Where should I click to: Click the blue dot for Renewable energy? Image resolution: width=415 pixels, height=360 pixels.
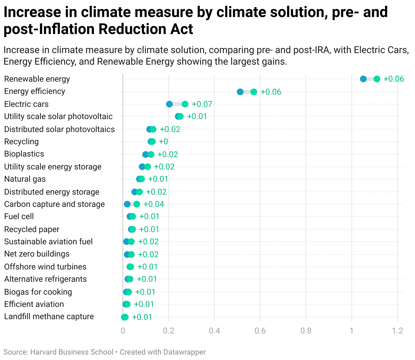tap(363, 79)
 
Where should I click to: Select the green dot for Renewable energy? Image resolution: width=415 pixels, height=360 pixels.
tap(377, 79)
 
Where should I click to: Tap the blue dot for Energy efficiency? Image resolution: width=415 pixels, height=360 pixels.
tap(240, 92)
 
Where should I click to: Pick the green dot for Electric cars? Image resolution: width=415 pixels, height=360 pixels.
tap(185, 104)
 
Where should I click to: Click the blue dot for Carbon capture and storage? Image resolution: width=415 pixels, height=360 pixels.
tap(127, 204)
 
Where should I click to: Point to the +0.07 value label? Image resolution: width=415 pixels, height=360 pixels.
tap(202, 104)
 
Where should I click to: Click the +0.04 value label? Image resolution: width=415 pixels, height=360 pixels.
tap(154, 204)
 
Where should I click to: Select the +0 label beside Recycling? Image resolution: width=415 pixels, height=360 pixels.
tap(163, 142)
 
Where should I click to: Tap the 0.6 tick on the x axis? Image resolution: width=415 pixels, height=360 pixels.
tap(260, 331)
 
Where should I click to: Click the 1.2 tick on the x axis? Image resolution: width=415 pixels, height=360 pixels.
tap(397, 331)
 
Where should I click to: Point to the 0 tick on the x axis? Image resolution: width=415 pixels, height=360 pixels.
tap(123, 331)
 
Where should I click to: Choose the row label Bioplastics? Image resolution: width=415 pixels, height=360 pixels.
tap(24, 154)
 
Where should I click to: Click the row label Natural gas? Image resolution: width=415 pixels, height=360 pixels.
tap(25, 179)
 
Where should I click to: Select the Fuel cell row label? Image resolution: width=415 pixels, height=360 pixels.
tap(19, 216)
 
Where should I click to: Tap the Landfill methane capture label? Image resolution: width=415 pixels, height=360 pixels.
tap(49, 316)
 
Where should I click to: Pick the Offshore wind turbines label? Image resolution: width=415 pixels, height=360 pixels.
tap(45, 267)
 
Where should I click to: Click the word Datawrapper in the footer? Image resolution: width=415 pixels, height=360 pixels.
tap(184, 352)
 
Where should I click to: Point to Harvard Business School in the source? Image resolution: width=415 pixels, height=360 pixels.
tap(72, 352)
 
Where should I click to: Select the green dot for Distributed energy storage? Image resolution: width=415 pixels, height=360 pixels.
tap(139, 192)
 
